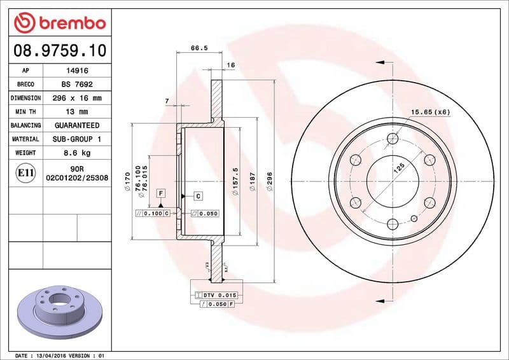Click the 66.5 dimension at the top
[x=199, y=48]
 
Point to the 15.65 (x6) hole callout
[x=430, y=112]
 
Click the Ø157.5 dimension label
[x=236, y=181]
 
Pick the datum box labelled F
[x=160, y=193]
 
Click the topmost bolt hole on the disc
[x=393, y=138]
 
